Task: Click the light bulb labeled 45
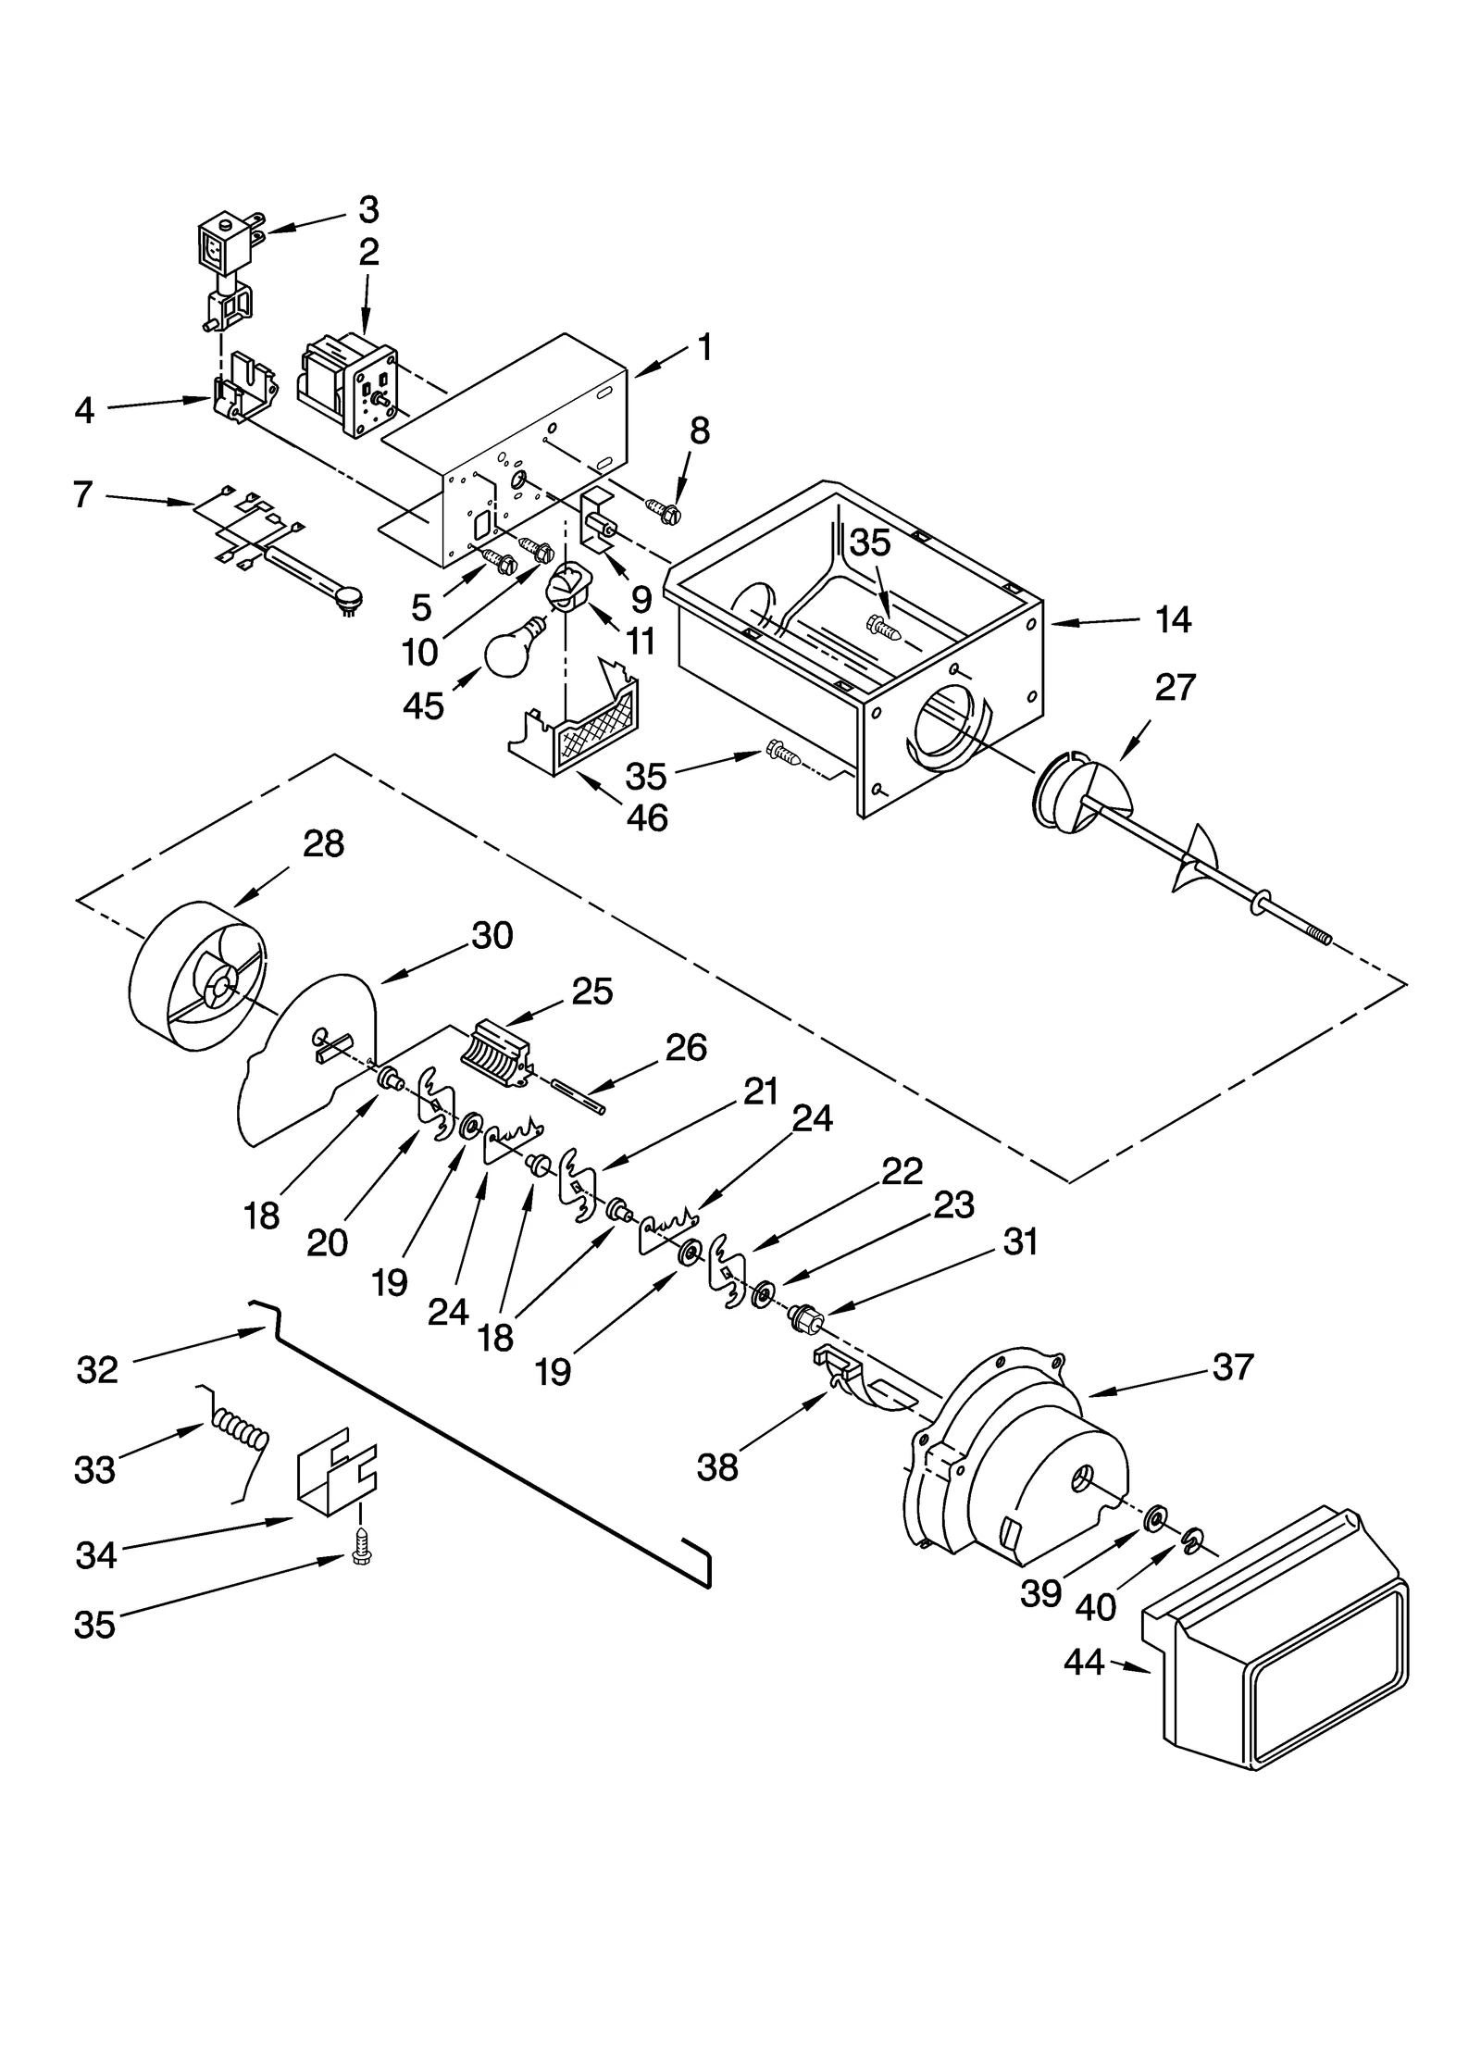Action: (511, 648)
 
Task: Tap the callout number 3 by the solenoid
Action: (368, 210)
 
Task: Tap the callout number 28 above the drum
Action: (323, 843)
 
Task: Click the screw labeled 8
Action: (666, 508)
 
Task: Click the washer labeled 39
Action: (1152, 1519)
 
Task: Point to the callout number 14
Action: (1173, 619)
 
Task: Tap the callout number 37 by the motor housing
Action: (1232, 1366)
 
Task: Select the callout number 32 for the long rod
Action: (97, 1369)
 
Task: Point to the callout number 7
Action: (83, 494)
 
